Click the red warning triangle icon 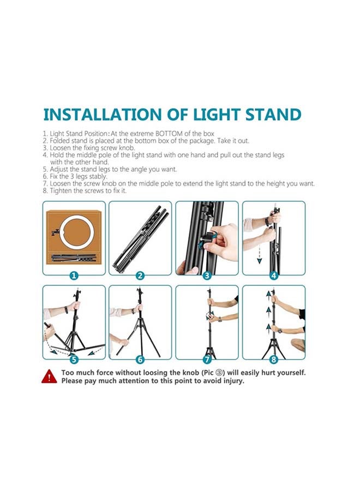click(x=49, y=376)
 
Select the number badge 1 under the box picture click(x=74, y=276)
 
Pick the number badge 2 click(x=140, y=276)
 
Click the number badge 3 click(x=207, y=276)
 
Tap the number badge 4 click(x=274, y=276)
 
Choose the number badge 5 click(x=74, y=360)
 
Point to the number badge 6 click(x=140, y=360)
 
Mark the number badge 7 click(x=207, y=360)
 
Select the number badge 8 click(x=274, y=360)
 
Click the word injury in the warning click(x=233, y=381)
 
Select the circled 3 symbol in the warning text click(x=220, y=373)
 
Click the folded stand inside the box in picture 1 click(x=74, y=258)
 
